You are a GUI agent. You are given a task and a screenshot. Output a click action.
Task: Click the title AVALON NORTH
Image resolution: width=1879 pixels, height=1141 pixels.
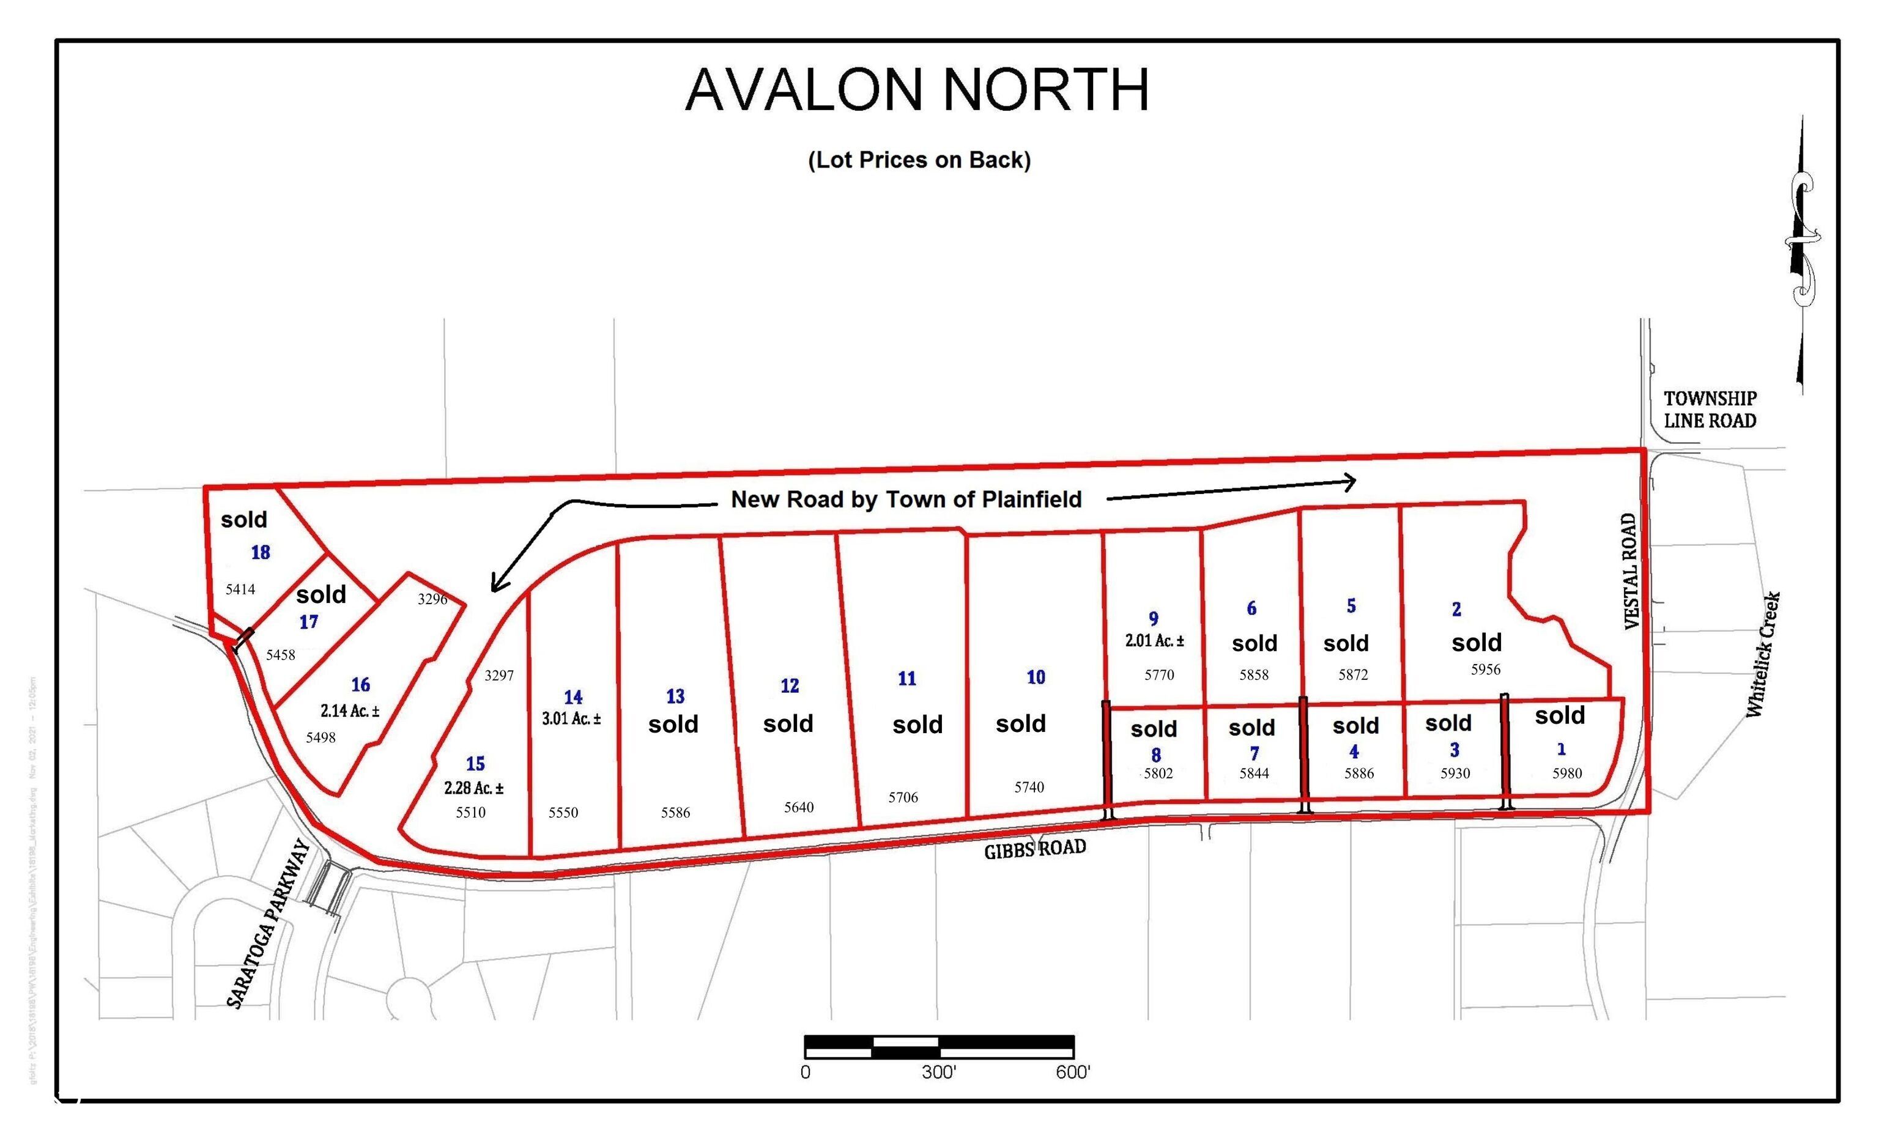click(917, 90)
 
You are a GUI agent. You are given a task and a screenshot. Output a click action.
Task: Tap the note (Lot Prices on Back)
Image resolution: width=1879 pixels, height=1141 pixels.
click(919, 160)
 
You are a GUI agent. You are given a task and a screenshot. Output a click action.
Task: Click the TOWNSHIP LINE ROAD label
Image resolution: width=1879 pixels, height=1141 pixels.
click(1710, 409)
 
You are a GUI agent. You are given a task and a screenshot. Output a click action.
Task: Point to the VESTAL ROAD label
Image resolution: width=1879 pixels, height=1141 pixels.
click(1631, 571)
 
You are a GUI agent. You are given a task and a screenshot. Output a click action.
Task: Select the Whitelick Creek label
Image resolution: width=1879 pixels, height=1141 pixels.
click(1764, 654)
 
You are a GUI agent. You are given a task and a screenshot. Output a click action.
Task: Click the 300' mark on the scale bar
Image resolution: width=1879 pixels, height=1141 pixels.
click(939, 1073)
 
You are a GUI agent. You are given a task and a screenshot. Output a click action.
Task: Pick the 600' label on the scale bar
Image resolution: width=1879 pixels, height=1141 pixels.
click(1073, 1073)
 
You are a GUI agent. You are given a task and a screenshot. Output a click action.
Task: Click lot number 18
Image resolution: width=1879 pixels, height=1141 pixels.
click(260, 553)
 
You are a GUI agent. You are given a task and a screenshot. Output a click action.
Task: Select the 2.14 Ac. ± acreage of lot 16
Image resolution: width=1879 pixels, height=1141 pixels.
click(349, 711)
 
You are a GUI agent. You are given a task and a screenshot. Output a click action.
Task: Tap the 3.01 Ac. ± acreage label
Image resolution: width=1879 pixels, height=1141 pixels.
click(571, 718)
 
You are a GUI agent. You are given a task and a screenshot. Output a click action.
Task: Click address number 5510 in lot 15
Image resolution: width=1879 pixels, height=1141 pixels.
click(470, 813)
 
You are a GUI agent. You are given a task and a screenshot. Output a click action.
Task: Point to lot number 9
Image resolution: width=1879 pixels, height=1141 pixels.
click(1153, 619)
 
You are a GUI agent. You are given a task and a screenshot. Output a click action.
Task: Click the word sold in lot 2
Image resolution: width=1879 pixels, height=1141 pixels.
click(1477, 643)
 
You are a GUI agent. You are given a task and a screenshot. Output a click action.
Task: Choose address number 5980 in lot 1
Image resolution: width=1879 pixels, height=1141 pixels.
click(1567, 773)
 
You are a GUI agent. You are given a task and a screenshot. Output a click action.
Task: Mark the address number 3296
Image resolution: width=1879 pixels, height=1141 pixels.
click(432, 599)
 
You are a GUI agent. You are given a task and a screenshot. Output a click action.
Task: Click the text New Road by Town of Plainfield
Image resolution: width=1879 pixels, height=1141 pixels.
click(906, 499)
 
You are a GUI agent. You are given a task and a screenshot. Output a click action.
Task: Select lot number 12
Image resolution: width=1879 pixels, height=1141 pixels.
click(789, 686)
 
